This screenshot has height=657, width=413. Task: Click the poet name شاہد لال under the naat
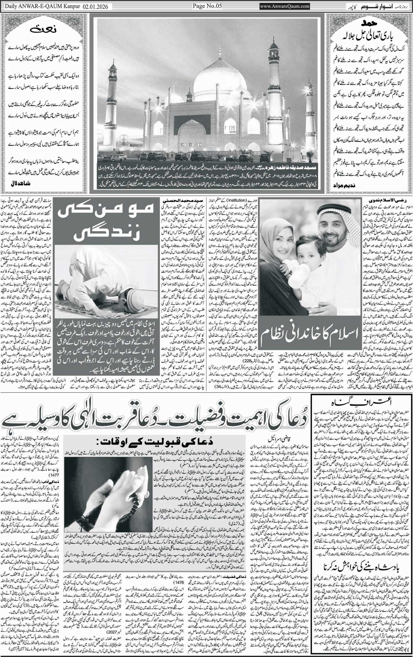pos(20,183)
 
